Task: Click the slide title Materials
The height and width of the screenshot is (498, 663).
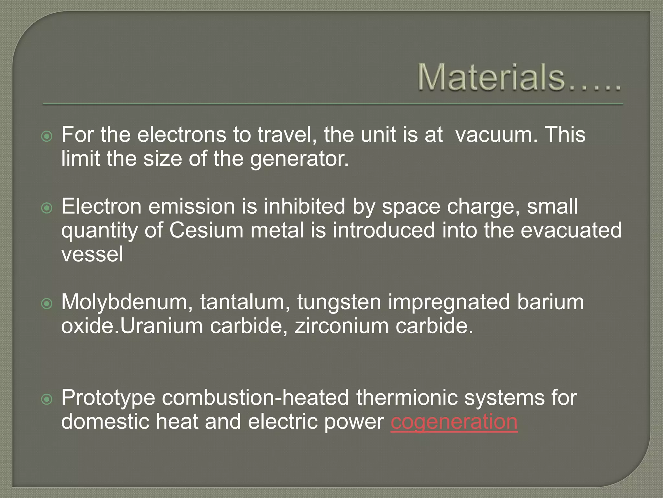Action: pos(519,78)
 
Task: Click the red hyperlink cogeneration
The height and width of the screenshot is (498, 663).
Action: pos(454,422)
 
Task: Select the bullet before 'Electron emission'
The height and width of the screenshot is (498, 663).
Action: pos(47,208)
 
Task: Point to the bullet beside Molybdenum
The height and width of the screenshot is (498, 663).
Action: pos(47,303)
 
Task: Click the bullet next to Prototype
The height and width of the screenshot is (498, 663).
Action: pos(47,399)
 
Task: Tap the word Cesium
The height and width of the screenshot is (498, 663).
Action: pos(206,230)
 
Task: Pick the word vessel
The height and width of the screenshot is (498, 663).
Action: pos(92,254)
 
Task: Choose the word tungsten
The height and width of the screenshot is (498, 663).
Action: pos(339,302)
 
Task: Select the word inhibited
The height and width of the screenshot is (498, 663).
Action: pos(305,207)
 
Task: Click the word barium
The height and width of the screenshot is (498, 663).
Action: pos(550,302)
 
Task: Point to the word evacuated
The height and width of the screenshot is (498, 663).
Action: pos(571,230)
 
